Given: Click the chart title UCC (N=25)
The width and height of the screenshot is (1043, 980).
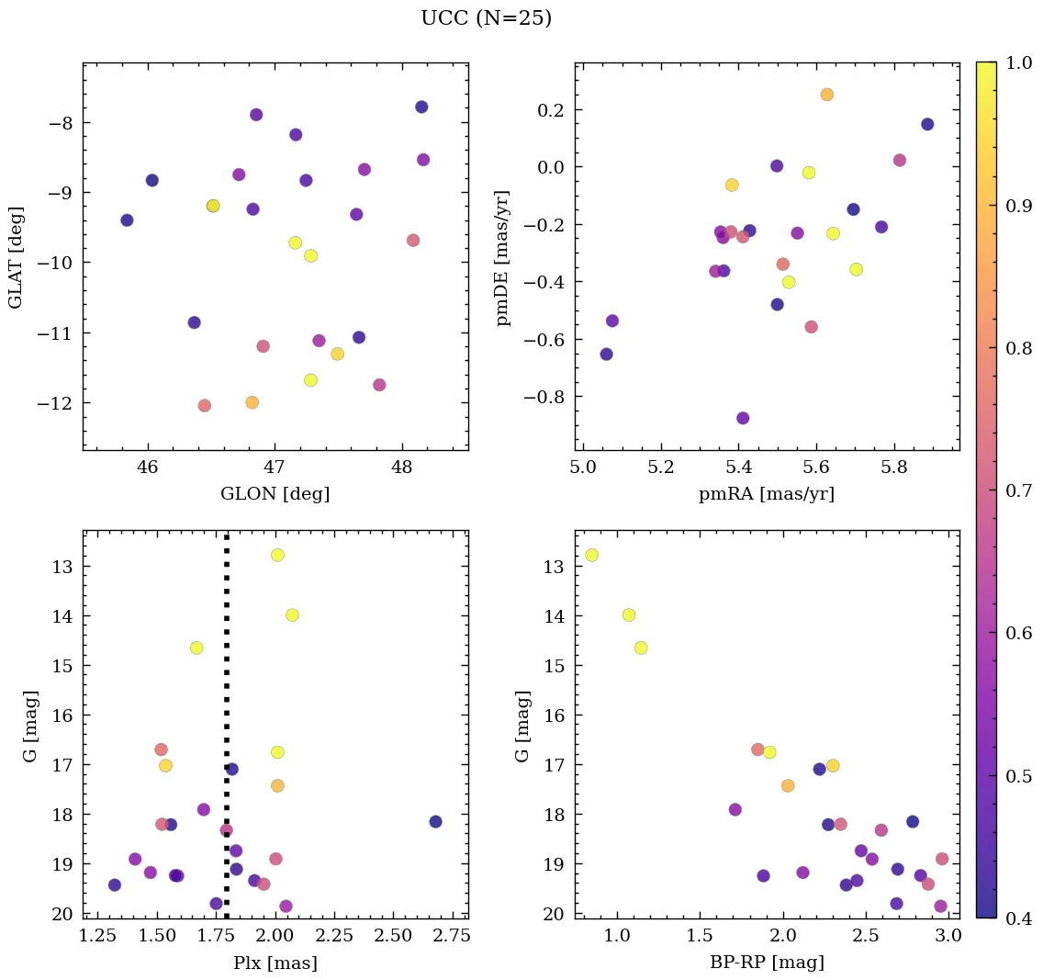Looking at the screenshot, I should tap(486, 18).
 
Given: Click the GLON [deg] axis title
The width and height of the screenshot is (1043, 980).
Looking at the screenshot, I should tap(275, 494).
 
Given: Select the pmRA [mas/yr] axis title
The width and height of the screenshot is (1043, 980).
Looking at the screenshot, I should tap(767, 494).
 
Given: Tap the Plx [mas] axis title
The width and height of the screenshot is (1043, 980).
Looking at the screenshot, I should tap(275, 963).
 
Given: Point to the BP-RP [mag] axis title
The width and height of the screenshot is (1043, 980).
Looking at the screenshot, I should tap(767, 963).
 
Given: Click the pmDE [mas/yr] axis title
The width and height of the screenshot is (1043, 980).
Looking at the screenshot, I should tap(502, 257).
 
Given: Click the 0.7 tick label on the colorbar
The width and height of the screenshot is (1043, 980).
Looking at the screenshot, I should tap(1016, 490).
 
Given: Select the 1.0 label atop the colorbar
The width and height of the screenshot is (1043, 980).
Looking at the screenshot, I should tap(1016, 63).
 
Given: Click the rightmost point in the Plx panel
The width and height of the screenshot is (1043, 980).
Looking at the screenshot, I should tap(435, 821).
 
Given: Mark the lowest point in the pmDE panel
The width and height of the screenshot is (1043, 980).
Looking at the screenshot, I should tap(743, 418).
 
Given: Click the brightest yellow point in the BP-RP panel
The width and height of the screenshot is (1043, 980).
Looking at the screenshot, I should tap(591, 555).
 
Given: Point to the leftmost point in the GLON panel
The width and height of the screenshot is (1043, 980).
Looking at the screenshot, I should tap(127, 220).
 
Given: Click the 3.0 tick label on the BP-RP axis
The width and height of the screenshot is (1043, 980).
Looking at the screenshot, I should tap(948, 937).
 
